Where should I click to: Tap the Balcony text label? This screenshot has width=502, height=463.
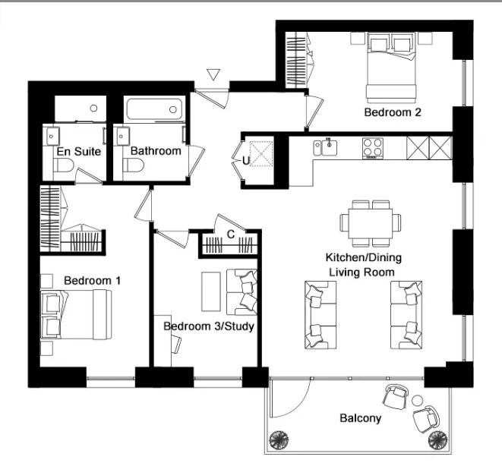361,418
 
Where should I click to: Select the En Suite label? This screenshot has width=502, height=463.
74,151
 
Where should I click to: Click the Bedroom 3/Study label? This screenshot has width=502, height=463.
209,326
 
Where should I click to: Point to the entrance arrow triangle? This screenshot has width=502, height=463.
213,74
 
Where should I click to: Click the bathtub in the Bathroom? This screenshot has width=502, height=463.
155,110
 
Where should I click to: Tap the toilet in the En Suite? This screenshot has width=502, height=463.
65,169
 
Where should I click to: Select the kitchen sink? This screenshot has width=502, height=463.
329,145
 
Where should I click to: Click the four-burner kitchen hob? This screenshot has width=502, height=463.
372,146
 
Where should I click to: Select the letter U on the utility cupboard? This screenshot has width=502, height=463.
245,160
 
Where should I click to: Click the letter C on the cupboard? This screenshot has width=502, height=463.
230,234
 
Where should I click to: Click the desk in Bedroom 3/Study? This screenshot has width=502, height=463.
165,332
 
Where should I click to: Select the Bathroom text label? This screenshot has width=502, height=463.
156,151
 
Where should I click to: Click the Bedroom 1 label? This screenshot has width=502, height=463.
93,280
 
